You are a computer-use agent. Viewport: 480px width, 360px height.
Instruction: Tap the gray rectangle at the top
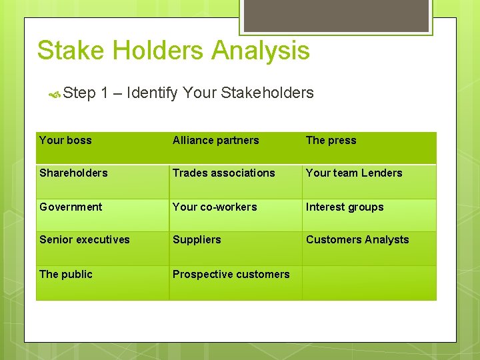coord(335,15)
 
